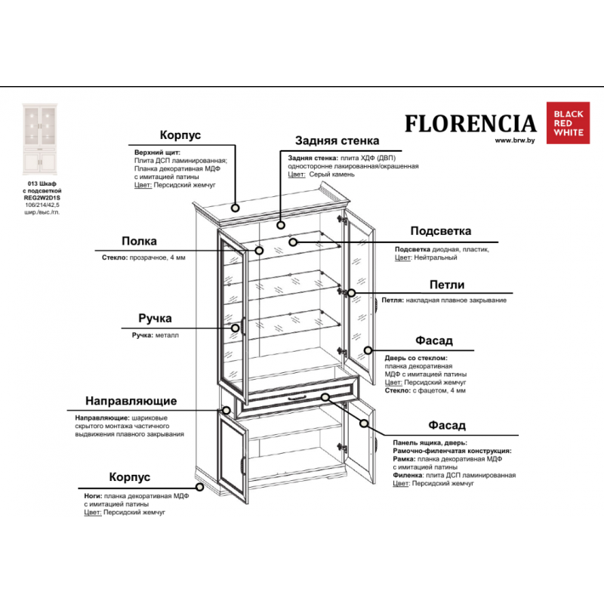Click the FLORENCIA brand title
click(470, 123)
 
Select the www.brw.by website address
click(515, 140)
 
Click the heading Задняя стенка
click(337, 140)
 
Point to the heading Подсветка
click(441, 231)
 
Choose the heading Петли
click(446, 285)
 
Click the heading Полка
click(139, 241)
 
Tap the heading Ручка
click(155, 319)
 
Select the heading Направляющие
click(131, 400)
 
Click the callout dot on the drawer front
click(325, 397)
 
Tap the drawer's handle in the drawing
click(295, 396)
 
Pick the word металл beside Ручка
click(168, 334)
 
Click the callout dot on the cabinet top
click(236, 206)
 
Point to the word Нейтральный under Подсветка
click(436, 257)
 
